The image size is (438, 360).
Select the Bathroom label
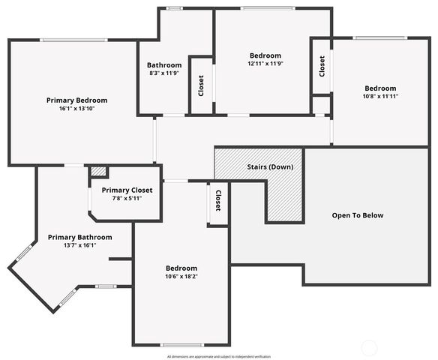164,65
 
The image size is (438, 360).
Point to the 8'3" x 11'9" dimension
164,73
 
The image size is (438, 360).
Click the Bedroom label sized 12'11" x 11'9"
265,55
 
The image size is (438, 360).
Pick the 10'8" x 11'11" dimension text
380,96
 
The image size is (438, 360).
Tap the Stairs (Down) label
270,166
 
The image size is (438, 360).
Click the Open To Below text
358,216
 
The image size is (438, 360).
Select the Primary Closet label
127,190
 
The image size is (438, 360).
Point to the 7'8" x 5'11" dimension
127,199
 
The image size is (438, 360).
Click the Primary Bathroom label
79,238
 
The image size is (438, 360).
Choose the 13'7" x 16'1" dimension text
79,246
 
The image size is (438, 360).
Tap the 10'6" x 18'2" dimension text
181,277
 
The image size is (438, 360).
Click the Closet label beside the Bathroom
201,87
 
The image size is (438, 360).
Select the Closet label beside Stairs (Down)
218,200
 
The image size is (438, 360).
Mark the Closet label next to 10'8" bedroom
322,67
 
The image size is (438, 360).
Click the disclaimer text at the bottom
219,356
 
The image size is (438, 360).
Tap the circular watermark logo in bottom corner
369,346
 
